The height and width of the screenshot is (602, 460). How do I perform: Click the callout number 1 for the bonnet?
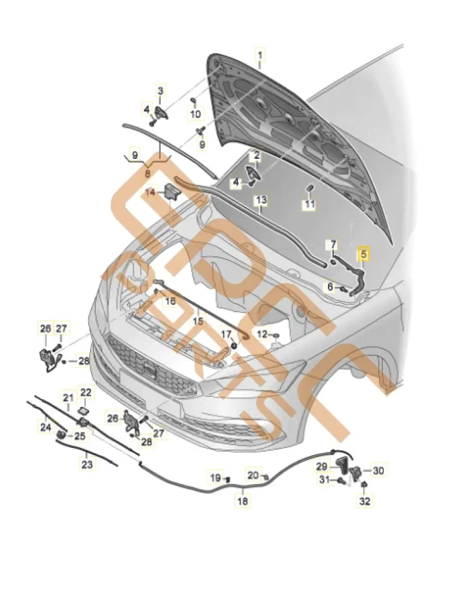tap(260, 58)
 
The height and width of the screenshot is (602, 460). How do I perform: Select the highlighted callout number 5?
tap(364, 253)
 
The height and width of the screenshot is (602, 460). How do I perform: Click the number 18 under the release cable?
tap(242, 500)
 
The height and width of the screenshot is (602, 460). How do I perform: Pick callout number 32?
tap(364, 500)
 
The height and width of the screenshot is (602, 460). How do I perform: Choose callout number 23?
tap(87, 464)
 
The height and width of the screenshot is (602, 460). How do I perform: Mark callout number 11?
tap(309, 205)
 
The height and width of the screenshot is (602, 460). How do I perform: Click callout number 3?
tap(161, 91)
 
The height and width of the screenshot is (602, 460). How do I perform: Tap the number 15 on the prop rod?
tap(198, 322)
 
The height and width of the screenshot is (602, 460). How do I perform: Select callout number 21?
tap(67, 397)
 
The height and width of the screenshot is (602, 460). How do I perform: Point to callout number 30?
tap(378, 470)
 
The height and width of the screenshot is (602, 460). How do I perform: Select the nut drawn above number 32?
tap(364, 485)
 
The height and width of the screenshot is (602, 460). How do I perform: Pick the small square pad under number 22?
tap(85, 409)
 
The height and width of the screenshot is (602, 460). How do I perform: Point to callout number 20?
tap(253, 475)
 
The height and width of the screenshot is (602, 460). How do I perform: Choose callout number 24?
tap(46, 427)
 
